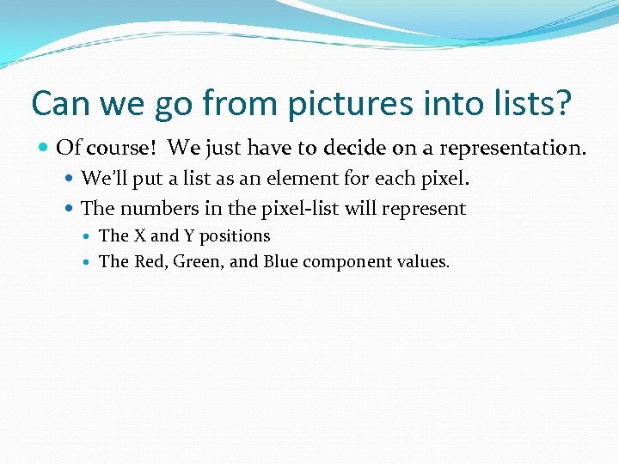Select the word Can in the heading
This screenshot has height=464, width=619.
pos(58,103)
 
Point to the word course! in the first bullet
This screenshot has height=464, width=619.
pos(119,148)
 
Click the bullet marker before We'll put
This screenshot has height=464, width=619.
pos(70,180)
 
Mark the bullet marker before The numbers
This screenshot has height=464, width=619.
pos(70,208)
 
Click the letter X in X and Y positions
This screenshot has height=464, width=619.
pos(139,235)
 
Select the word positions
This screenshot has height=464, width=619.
pos(235,236)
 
